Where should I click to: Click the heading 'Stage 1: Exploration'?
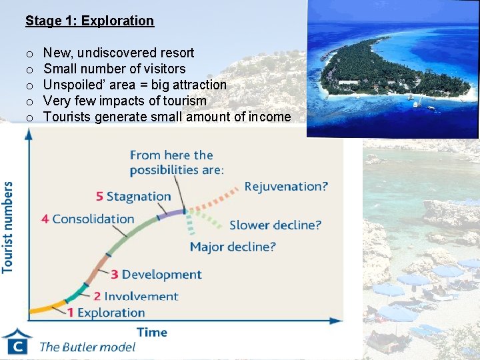(89, 21)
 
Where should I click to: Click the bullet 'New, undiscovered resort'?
(119, 53)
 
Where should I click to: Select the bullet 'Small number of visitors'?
(115, 69)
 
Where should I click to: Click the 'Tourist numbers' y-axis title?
(8, 227)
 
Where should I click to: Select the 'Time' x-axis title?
(152, 331)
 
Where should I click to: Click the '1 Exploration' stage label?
(106, 312)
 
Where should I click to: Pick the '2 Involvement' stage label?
(135, 296)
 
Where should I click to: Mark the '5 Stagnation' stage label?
(133, 196)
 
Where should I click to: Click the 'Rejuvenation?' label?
(286, 186)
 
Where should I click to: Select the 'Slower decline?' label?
(275, 225)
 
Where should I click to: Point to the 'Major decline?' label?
(233, 247)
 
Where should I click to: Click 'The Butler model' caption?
(87, 347)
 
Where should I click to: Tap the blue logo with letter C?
(17, 342)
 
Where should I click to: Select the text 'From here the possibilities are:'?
(177, 162)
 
